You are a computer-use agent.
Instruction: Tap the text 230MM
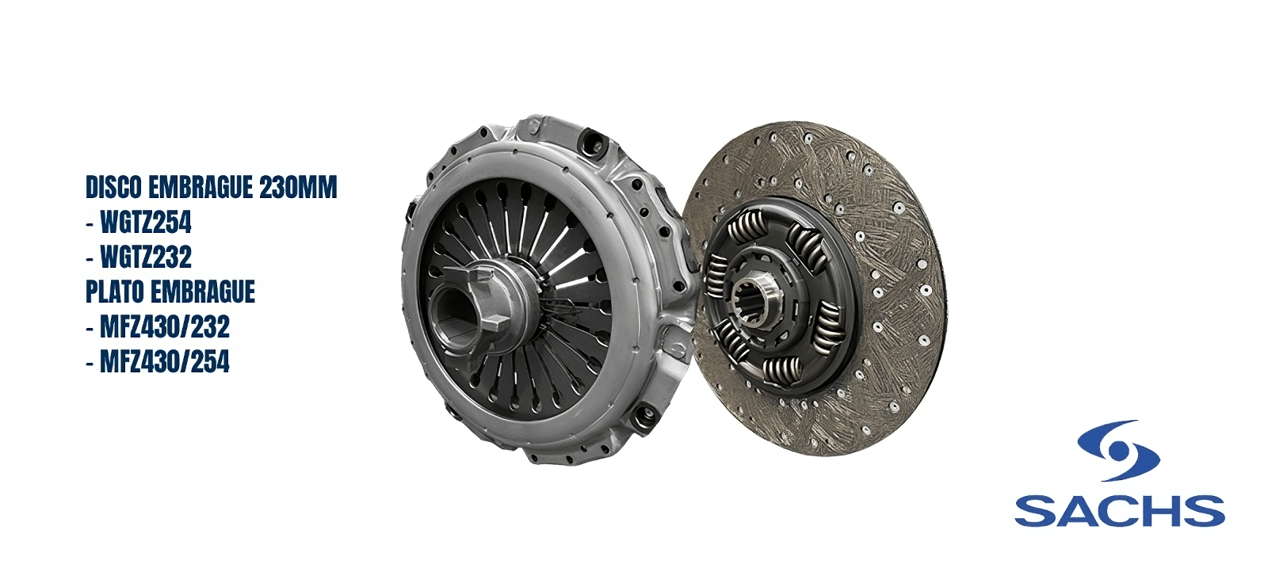(x=298, y=188)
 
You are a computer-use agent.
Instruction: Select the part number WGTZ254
(x=146, y=223)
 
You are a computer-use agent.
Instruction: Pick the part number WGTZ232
(x=146, y=257)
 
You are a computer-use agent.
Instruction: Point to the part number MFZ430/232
(x=165, y=327)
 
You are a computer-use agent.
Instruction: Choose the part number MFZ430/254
(x=165, y=362)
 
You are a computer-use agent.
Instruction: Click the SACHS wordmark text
(x=1119, y=511)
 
